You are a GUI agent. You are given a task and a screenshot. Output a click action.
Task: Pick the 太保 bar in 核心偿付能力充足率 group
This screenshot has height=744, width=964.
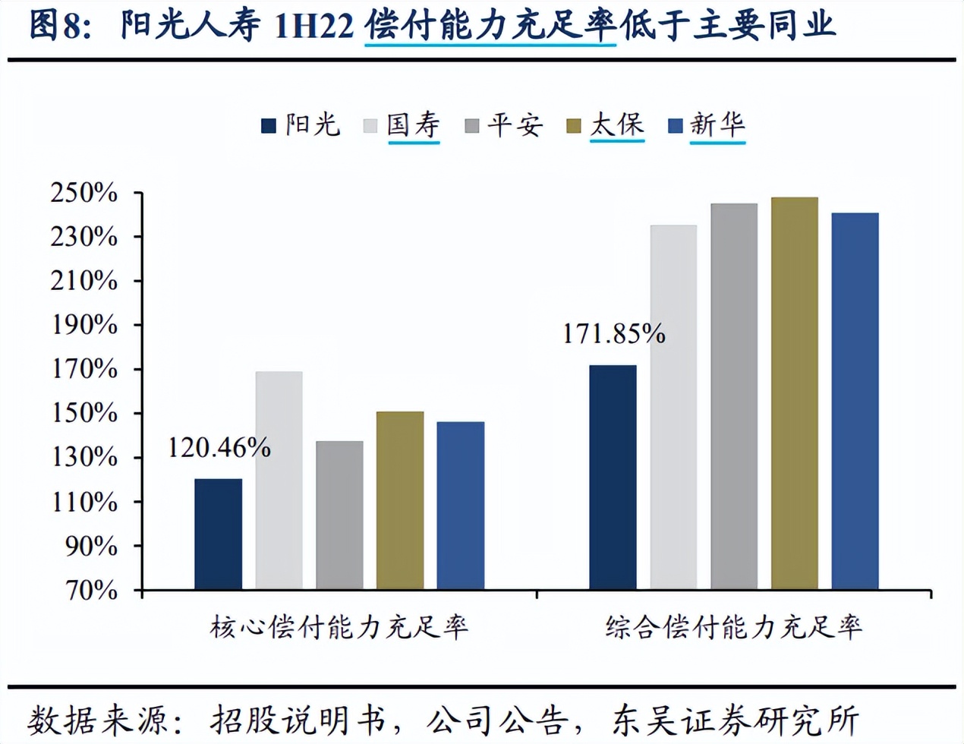pyautogui.click(x=400, y=500)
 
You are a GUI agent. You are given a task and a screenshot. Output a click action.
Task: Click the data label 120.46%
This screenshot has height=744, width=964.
pyautogui.click(x=219, y=448)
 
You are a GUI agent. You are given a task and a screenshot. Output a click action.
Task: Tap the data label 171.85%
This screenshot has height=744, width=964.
pyautogui.click(x=613, y=334)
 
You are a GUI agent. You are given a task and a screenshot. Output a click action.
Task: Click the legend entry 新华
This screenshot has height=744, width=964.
pyautogui.click(x=717, y=125)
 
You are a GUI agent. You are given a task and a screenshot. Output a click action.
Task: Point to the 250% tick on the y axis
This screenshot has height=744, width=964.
pyautogui.click(x=84, y=193)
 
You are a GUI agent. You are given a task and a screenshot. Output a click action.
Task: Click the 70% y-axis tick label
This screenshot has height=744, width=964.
pyautogui.click(x=91, y=590)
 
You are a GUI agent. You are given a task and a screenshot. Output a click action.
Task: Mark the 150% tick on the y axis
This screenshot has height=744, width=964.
pyautogui.click(x=84, y=414)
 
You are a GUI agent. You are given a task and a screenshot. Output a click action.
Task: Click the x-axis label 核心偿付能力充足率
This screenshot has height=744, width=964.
pyautogui.click(x=339, y=628)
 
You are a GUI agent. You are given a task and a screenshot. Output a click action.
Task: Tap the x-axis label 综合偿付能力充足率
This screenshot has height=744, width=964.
pyautogui.click(x=734, y=628)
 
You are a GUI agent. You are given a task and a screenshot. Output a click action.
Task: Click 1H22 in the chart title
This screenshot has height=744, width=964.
pyautogui.click(x=313, y=26)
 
